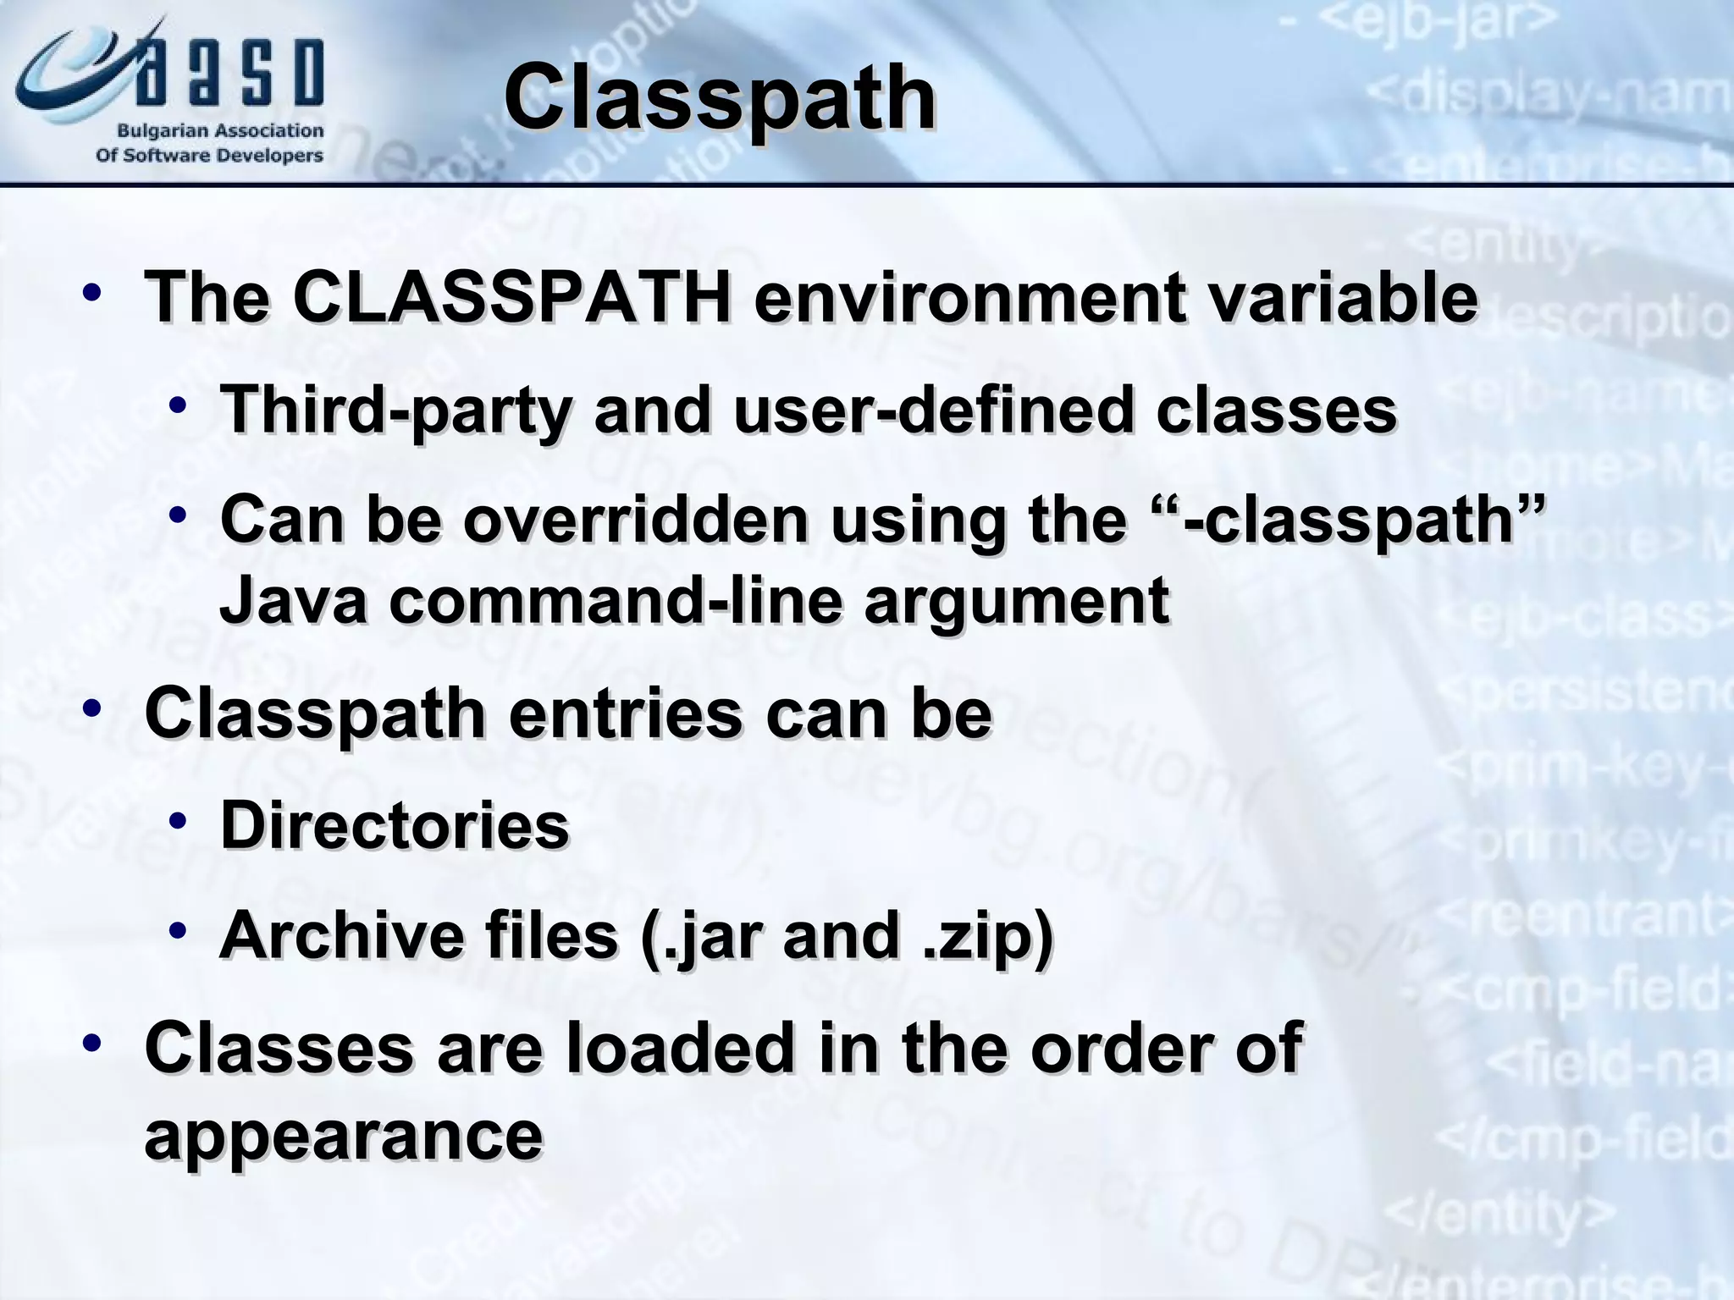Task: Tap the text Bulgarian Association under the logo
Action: click(220, 131)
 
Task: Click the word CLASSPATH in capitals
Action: click(511, 298)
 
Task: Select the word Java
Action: click(293, 600)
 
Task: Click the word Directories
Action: click(395, 825)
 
